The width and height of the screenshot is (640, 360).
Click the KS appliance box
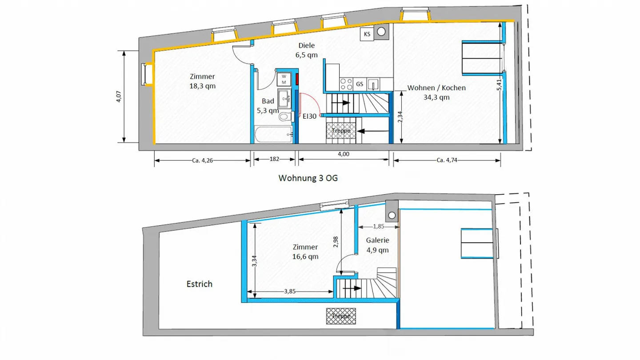(367, 34)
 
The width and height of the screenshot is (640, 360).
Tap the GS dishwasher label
(360, 84)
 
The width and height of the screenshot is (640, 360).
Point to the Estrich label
(199, 284)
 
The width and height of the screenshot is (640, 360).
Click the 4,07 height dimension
(119, 97)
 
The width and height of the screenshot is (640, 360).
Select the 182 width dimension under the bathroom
(274, 159)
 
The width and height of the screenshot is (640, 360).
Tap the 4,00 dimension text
(344, 154)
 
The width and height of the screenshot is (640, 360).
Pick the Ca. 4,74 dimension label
(447, 160)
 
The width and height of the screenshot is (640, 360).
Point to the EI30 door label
(309, 117)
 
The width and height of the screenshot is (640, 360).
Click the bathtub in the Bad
(273, 134)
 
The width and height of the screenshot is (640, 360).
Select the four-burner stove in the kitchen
(346, 83)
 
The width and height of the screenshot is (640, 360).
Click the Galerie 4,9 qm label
(377, 245)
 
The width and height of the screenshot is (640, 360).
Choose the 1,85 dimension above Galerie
(378, 226)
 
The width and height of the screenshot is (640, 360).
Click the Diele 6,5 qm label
(306, 50)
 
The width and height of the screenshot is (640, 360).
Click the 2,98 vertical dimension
(336, 241)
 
